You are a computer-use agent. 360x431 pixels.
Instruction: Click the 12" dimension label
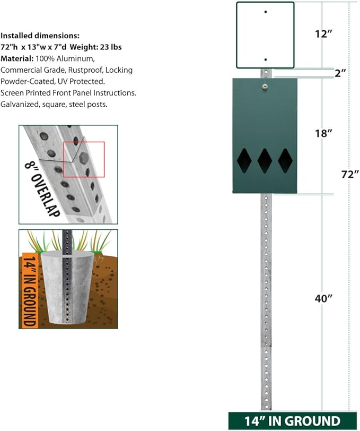tap(323, 34)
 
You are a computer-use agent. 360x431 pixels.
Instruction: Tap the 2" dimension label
tap(340, 73)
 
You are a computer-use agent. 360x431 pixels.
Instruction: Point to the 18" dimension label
tap(323, 134)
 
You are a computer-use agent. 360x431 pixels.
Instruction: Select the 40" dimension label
tap(323, 298)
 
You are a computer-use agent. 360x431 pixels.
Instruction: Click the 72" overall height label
tap(350, 174)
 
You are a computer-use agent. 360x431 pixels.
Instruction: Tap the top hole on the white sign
tap(266, 12)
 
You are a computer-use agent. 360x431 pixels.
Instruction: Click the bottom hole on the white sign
tap(266, 59)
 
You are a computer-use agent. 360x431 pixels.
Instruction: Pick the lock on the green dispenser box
tap(265, 87)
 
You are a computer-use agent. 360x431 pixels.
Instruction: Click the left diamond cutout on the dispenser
tap(244, 161)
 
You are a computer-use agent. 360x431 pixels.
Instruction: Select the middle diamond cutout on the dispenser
tap(265, 161)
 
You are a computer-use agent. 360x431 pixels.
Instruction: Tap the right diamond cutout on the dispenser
tap(285, 161)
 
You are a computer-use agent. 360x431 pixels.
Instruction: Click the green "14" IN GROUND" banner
tap(293, 421)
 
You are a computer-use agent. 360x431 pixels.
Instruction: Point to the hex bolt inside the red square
tap(83, 158)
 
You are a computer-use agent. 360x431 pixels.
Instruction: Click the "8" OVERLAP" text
tap(42, 188)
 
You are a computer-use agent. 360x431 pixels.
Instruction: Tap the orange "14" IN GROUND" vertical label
tap(29, 290)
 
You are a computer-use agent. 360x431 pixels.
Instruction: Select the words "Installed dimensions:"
tap(40, 36)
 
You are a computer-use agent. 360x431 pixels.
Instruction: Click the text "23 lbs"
tap(111, 47)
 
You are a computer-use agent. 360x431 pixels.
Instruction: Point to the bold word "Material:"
tap(17, 58)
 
